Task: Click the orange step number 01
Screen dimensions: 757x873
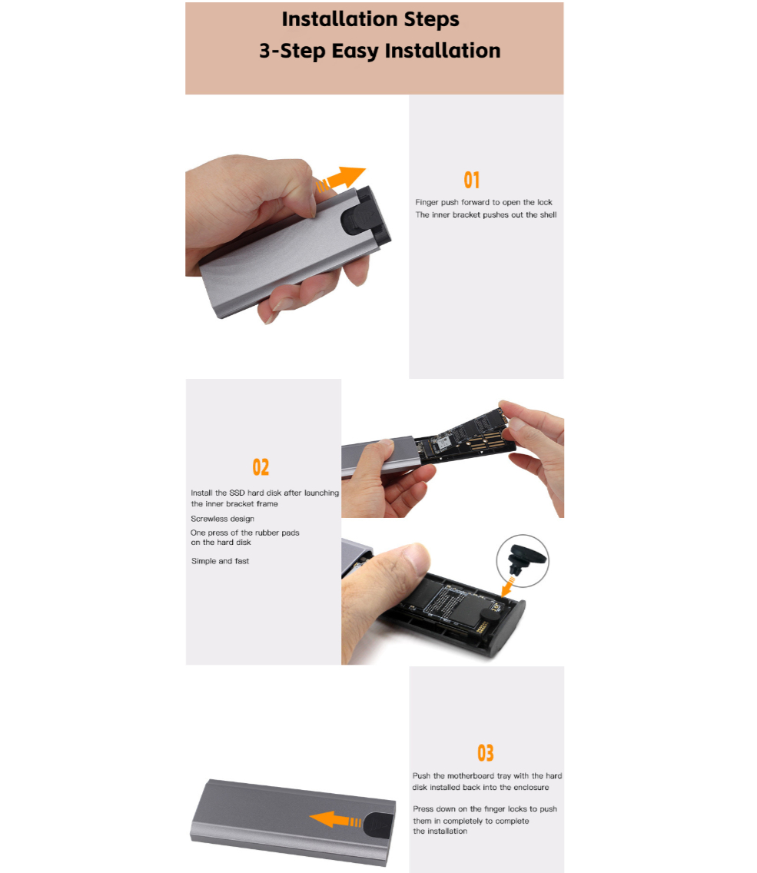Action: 471,180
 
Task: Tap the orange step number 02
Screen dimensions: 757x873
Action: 261,467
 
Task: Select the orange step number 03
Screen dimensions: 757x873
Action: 486,753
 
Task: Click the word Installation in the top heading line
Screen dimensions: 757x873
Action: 340,19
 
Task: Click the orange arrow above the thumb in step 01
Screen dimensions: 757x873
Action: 340,178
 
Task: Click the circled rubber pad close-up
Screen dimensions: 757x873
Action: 523,561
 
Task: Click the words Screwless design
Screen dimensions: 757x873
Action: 223,519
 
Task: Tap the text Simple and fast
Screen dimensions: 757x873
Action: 220,561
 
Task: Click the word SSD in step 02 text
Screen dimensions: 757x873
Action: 237,493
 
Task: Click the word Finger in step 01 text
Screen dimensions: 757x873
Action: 427,203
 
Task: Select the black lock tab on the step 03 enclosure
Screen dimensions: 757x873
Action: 378,826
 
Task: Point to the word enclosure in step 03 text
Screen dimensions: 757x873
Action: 531,787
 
